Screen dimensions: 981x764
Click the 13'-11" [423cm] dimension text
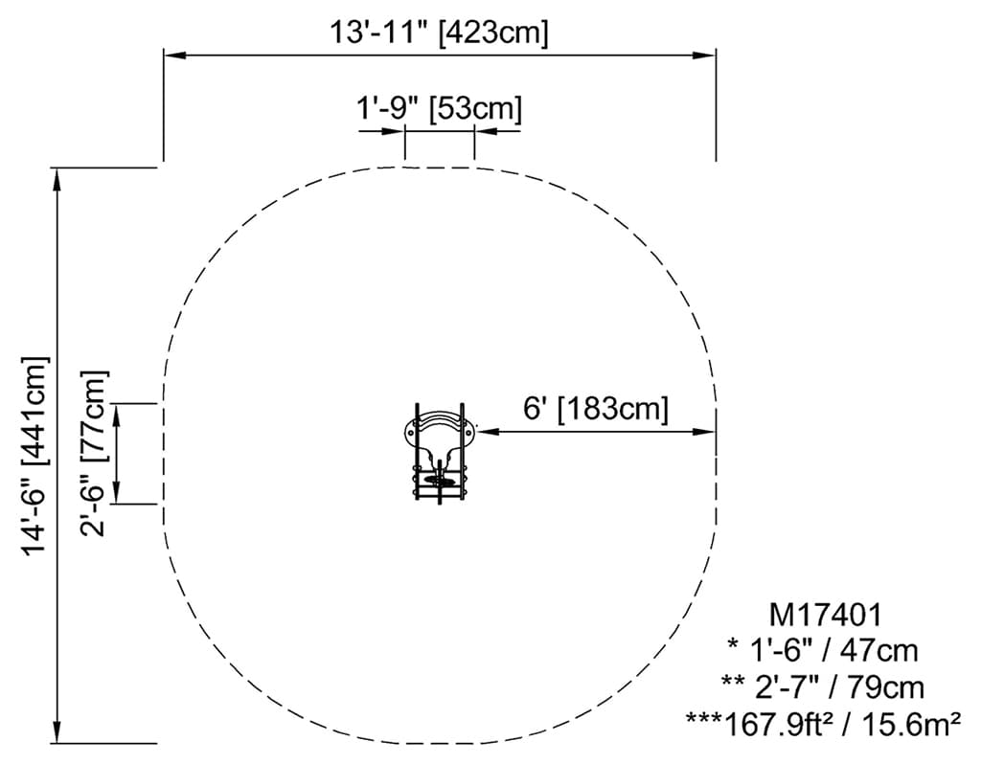point(439,32)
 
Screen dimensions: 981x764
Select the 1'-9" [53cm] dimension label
point(439,109)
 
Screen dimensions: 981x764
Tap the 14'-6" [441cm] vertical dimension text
point(35,456)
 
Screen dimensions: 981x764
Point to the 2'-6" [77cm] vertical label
point(94,453)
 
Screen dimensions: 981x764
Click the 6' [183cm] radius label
point(596,409)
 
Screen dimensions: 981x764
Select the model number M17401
point(825,615)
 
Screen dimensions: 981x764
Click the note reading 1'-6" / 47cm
point(823,650)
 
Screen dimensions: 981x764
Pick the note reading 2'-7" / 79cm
point(823,687)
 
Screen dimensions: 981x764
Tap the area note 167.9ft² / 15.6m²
point(823,724)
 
